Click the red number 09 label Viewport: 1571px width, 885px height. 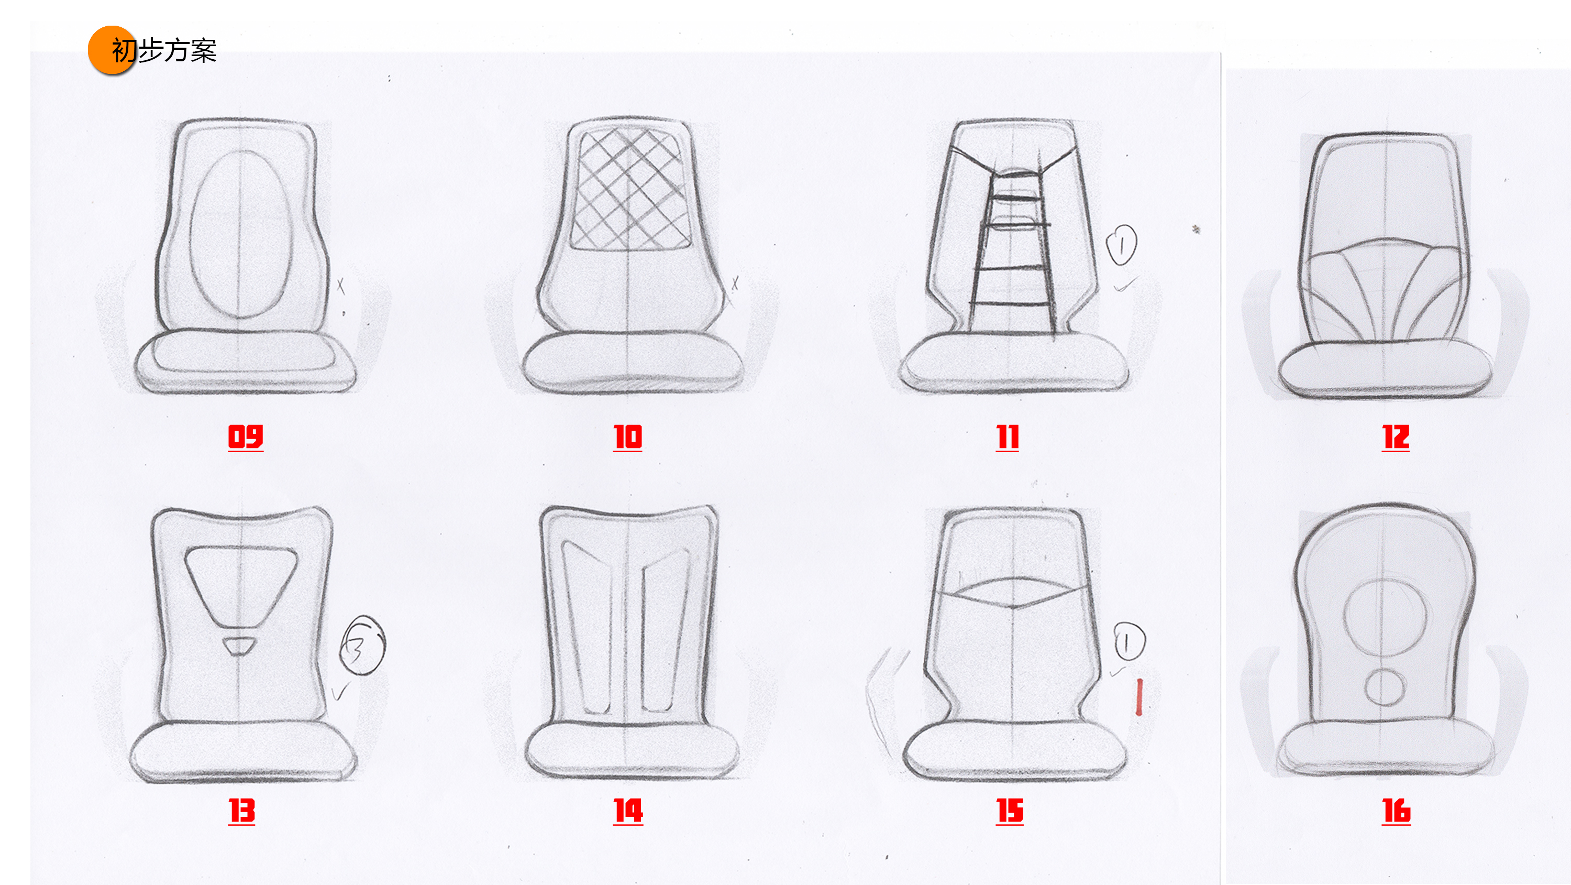point(245,437)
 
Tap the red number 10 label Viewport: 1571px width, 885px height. point(627,437)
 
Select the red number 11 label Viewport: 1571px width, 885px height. point(1008,437)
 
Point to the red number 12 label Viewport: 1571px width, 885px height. point(1396,437)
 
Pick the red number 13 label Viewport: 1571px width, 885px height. point(241,811)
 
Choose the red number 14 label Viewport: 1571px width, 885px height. point(627,811)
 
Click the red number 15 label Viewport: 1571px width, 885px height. point(1009,811)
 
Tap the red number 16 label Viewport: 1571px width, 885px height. point(1396,811)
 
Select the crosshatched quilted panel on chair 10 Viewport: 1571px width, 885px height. point(629,189)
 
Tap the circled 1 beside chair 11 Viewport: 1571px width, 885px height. point(1122,245)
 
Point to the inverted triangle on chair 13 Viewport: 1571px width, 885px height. point(241,583)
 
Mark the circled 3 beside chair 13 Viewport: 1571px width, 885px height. point(362,646)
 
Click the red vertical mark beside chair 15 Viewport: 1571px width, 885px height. point(1138,696)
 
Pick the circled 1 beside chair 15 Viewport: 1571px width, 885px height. point(1130,641)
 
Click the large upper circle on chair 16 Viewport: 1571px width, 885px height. point(1385,616)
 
